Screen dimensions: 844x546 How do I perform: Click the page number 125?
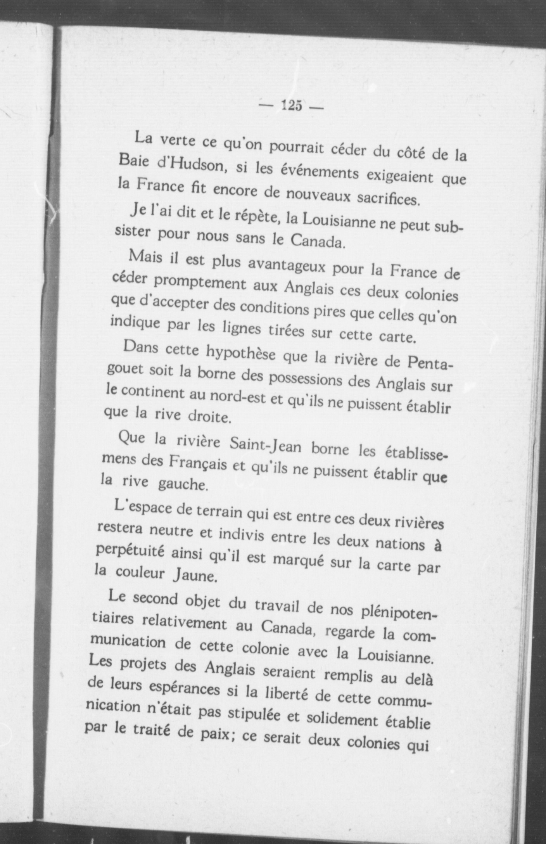292,105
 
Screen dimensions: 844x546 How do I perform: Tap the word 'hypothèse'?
242,352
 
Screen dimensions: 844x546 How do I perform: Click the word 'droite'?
209,417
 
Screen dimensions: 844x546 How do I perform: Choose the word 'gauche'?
182,484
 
